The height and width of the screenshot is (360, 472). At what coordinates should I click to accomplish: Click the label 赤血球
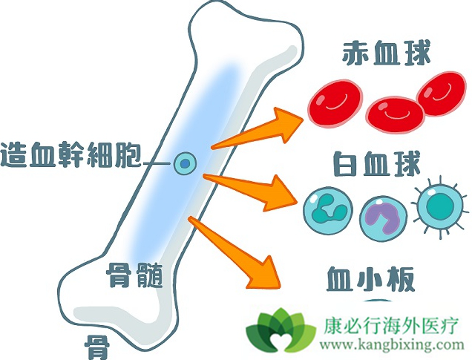(x=387, y=54)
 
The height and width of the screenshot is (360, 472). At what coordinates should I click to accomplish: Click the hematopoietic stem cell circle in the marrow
(x=185, y=163)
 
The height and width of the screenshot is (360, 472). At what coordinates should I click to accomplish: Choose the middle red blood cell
(x=393, y=114)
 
